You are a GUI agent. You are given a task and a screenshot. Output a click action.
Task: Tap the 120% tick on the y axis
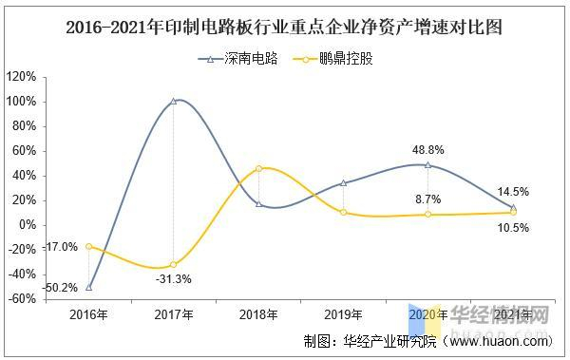[20, 77]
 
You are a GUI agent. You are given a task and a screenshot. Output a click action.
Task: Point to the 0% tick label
[27, 225]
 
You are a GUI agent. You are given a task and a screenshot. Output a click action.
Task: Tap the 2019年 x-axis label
[343, 314]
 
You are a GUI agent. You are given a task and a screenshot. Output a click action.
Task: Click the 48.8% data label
[428, 149]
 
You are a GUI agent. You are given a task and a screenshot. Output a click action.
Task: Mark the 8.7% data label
[428, 199]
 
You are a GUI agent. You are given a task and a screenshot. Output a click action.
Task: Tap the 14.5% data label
[513, 192]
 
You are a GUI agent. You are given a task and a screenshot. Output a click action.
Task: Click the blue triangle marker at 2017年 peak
[174, 101]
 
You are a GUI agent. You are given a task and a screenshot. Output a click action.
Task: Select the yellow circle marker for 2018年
[258, 169]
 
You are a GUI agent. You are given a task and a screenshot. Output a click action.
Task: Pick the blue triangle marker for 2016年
[89, 287]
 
